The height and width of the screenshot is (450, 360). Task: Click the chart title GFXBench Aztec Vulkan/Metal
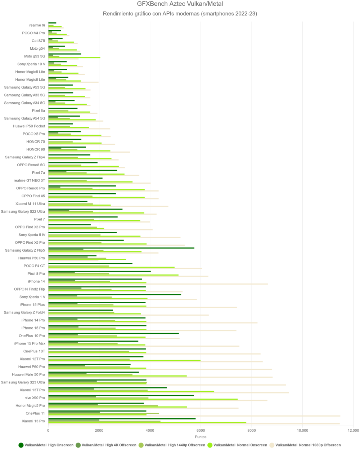[x=180, y=4]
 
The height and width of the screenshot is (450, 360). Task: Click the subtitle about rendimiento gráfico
[x=180, y=14]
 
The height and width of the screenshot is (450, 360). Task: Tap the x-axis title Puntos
[x=201, y=437]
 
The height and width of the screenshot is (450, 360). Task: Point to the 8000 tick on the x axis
[x=252, y=430]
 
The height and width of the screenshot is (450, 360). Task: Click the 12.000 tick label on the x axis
[x=353, y=430]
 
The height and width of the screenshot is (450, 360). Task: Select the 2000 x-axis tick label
[x=99, y=430]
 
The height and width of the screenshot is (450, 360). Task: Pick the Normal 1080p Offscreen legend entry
[x=308, y=445]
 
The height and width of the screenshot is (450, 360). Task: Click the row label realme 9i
[x=37, y=25]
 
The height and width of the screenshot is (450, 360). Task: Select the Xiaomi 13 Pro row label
[x=33, y=421]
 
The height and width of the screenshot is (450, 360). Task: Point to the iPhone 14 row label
[x=36, y=282]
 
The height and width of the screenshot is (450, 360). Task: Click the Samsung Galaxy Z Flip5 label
[x=25, y=250]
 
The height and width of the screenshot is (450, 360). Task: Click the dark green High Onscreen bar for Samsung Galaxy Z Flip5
[x=121, y=248]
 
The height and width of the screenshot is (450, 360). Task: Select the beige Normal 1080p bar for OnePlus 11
[x=194, y=416]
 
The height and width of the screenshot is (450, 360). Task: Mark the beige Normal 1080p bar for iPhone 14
[x=158, y=284]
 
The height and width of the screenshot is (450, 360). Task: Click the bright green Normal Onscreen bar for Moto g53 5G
[x=74, y=58]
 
